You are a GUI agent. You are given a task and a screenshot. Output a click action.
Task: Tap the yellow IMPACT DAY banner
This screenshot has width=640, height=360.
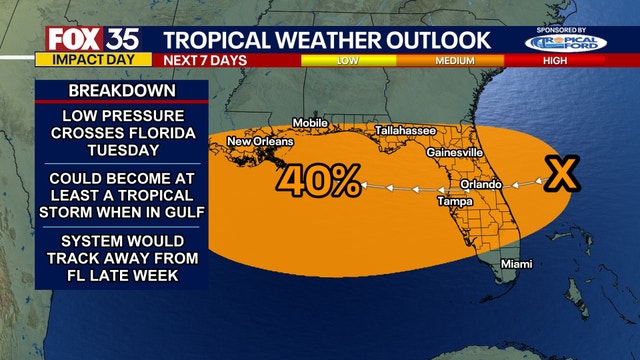[85, 59]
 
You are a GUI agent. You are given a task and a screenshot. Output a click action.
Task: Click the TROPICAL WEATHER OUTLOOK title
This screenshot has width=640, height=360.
[327, 39]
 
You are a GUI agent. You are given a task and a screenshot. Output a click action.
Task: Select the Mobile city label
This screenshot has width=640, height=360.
[309, 123]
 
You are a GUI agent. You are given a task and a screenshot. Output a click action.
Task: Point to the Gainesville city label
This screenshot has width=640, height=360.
[455, 152]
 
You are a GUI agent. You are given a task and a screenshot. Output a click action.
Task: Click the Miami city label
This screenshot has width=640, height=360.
[516, 263]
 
